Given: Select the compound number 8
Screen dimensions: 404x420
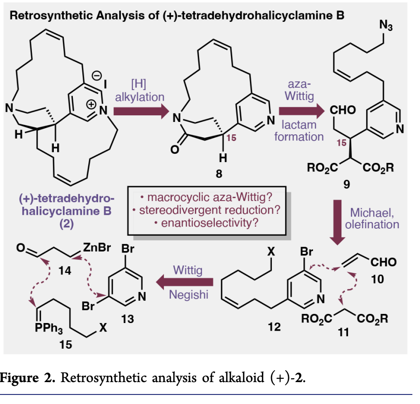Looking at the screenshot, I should point(219,174).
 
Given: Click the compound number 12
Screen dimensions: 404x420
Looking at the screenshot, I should point(274,328).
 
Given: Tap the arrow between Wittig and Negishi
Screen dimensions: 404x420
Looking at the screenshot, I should point(188,282).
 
